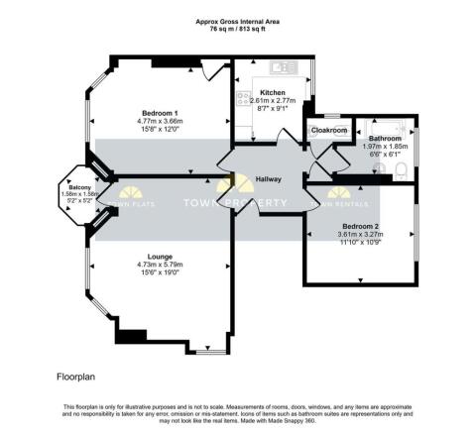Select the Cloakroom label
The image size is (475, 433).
(329, 130)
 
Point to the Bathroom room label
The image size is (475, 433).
(384, 138)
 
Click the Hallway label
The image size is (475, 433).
(269, 178)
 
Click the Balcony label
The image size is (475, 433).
(74, 187)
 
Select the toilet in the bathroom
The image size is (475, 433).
(400, 171)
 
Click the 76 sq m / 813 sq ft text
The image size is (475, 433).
(237, 30)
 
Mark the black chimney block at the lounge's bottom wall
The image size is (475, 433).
(130, 335)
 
